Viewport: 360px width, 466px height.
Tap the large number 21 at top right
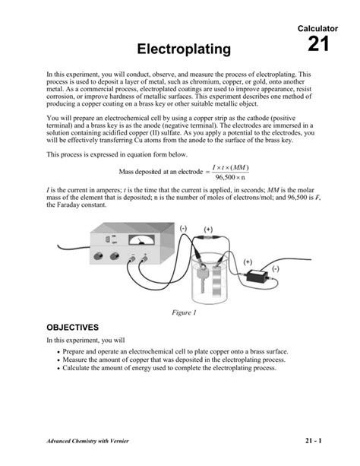318,44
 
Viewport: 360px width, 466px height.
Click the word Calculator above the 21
314,27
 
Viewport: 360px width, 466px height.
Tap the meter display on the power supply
141,240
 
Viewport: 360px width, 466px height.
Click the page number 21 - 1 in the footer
314,440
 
